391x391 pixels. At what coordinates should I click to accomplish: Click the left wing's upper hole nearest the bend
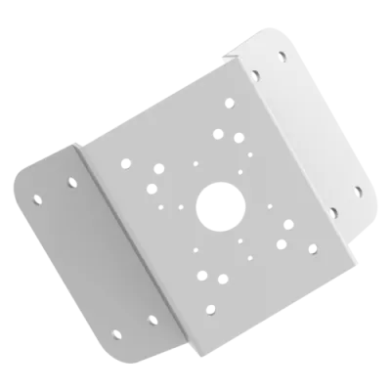71,180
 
